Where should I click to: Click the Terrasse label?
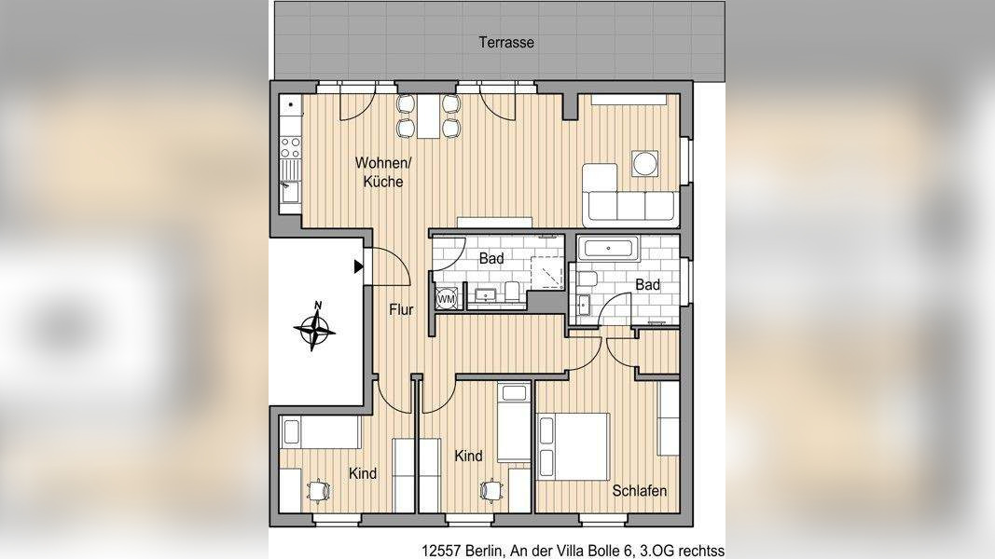pos(505,43)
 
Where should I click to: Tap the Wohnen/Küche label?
pos(383,171)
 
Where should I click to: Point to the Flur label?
pos(401,309)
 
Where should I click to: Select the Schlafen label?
pos(639,491)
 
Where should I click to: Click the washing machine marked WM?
pos(446,298)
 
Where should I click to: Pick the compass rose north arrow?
pos(315,326)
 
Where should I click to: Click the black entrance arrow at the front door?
pos(358,266)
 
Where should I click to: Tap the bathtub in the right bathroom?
pos(609,248)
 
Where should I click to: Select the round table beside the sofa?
pos(644,164)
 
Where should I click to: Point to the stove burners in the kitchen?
pos(290,148)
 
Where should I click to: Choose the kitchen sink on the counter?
pos(291,191)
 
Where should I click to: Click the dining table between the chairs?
pos(428,116)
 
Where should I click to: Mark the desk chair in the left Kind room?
pos(319,490)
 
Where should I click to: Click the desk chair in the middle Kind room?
pos(491,489)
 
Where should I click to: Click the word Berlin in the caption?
pos(485,551)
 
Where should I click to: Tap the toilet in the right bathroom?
pos(587,279)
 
